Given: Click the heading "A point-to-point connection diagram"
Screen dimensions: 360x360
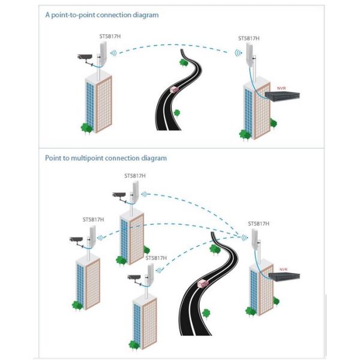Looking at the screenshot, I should [x=102, y=14].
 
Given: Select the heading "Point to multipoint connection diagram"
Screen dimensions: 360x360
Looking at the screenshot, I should [x=106, y=158].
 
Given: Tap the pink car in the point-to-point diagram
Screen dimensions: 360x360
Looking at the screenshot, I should [x=176, y=89].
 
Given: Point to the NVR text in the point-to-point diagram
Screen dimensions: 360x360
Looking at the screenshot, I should [x=281, y=88].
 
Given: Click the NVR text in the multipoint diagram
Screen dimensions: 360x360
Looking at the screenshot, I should [x=283, y=269].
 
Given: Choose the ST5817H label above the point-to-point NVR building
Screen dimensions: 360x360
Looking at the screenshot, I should [x=248, y=38].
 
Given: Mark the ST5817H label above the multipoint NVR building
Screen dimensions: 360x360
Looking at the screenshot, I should [x=259, y=223].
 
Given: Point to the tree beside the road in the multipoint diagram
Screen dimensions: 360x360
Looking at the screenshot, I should [x=206, y=313].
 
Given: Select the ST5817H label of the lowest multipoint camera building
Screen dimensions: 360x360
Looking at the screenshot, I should [x=156, y=258].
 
